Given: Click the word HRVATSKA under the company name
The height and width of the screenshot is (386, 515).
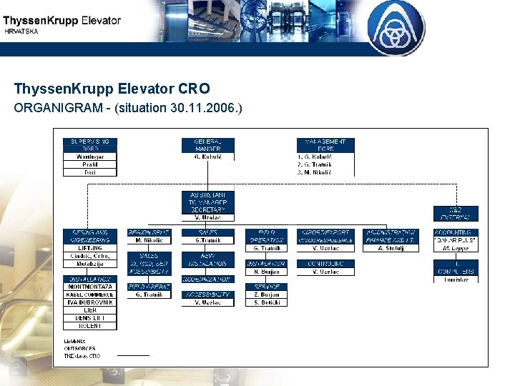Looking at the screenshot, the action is click(x=22, y=32).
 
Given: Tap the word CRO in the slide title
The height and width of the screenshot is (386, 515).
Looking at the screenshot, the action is click(x=194, y=89).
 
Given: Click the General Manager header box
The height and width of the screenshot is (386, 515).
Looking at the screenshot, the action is click(x=208, y=145).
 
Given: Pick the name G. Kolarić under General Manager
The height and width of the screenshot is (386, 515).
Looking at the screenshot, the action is click(x=208, y=156).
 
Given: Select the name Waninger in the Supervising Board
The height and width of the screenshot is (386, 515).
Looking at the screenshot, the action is click(x=89, y=157).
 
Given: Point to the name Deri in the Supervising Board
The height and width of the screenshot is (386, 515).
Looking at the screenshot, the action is click(x=89, y=172).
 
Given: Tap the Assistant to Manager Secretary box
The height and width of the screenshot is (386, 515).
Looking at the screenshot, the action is click(x=208, y=202).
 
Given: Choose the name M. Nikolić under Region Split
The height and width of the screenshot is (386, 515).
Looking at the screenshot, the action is click(x=149, y=240).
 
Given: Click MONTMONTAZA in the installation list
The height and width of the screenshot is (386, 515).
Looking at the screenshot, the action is click(x=89, y=287).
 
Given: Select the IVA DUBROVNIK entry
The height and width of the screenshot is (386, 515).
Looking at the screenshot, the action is click(x=89, y=302).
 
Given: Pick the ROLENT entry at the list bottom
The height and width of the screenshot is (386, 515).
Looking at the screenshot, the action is click(x=89, y=326).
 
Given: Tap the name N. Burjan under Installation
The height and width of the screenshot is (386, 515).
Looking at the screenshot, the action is click(x=266, y=272).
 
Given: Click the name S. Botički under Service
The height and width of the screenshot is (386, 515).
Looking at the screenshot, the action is click(x=266, y=302).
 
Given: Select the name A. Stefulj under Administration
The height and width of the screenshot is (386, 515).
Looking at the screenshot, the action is click(x=391, y=248).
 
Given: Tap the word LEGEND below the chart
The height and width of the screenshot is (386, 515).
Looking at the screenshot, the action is click(x=75, y=341).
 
